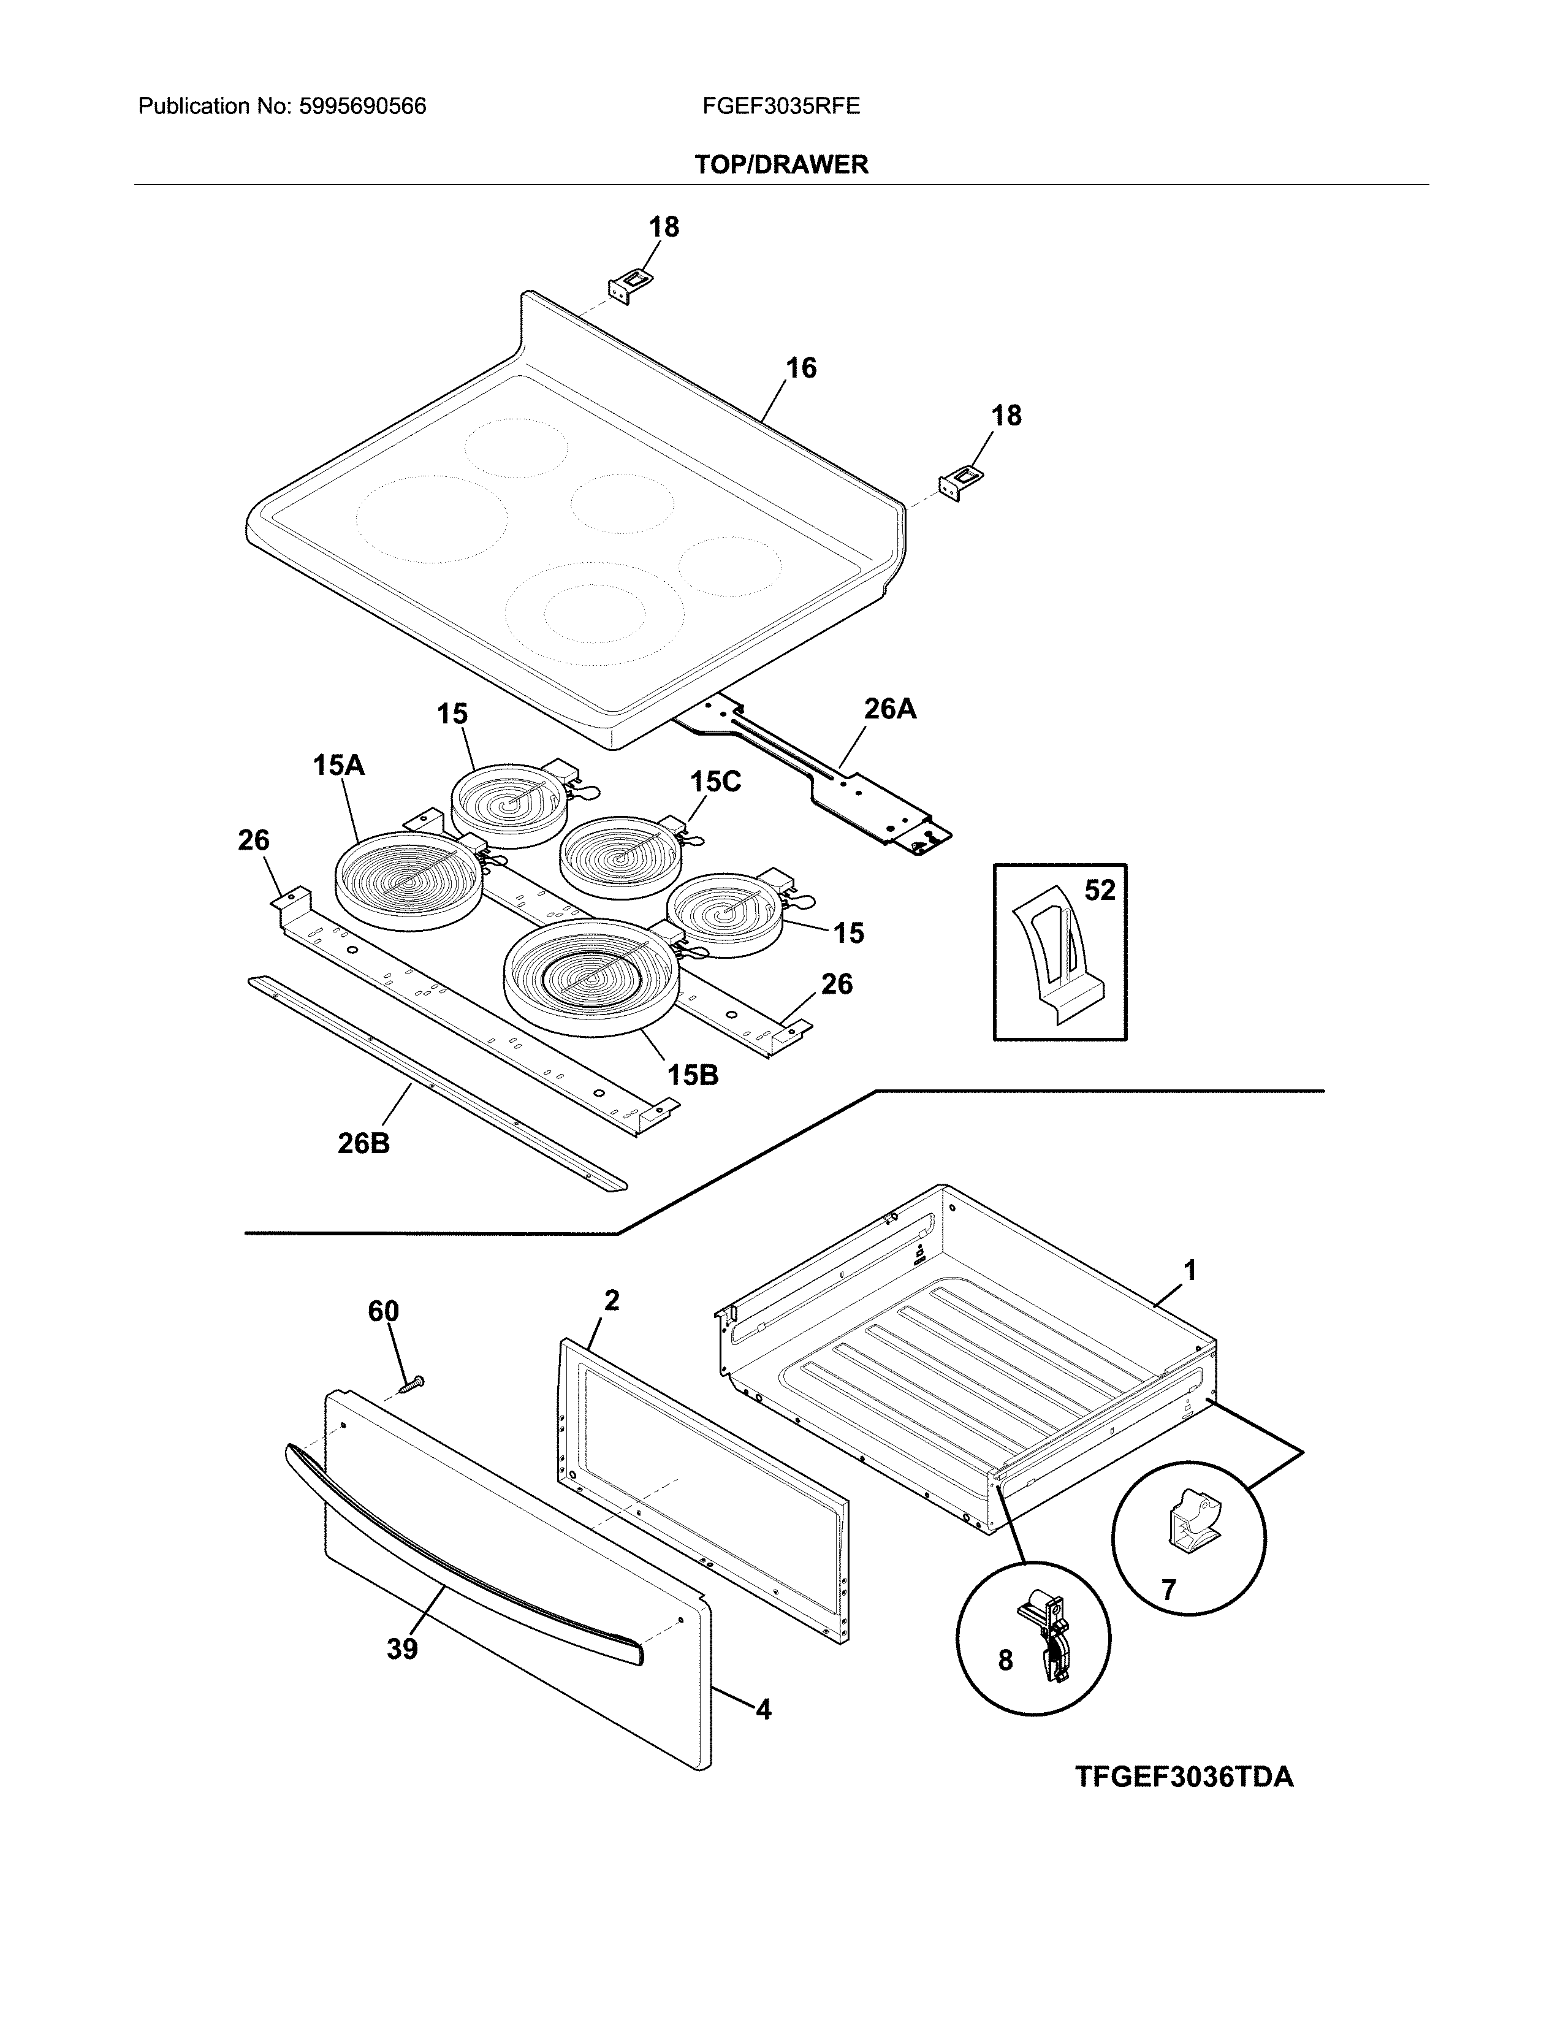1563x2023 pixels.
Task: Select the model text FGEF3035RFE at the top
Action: (x=780, y=107)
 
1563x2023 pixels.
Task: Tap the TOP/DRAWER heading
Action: (x=780, y=165)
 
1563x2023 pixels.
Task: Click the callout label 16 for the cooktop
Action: (x=801, y=368)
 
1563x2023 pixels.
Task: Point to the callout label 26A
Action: (x=890, y=709)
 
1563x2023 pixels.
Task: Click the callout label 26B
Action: (x=363, y=1144)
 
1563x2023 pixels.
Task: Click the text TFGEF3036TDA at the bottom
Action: (x=1184, y=1778)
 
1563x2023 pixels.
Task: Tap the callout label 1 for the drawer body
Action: (x=1190, y=1270)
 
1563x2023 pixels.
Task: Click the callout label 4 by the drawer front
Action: (x=763, y=1710)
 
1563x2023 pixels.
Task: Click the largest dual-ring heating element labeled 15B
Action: (x=593, y=977)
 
